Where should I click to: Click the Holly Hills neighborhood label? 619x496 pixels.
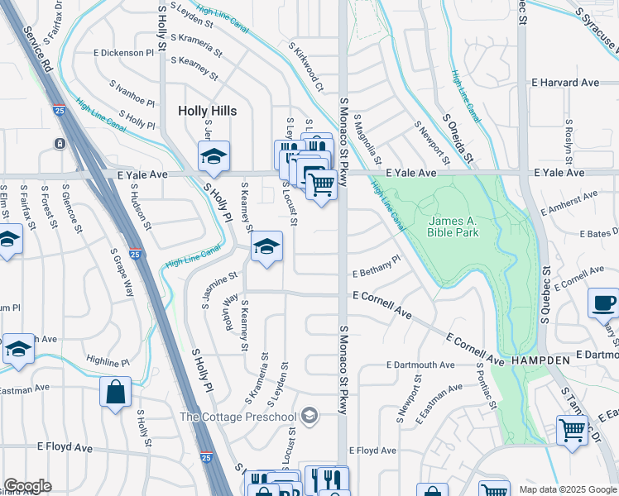tap(208, 111)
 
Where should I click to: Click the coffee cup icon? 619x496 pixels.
tap(602, 302)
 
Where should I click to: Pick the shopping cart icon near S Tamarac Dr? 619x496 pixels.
tap(572, 431)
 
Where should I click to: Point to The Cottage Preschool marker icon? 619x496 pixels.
tap(309, 415)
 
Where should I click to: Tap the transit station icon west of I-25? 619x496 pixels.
tap(60, 143)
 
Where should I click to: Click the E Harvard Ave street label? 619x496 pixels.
tap(565, 83)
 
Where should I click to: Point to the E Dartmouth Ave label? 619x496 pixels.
tap(420, 365)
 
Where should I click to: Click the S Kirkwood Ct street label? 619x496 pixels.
tap(306, 67)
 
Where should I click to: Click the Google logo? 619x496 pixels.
tap(27, 486)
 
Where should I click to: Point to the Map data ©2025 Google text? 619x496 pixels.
tap(567, 489)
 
